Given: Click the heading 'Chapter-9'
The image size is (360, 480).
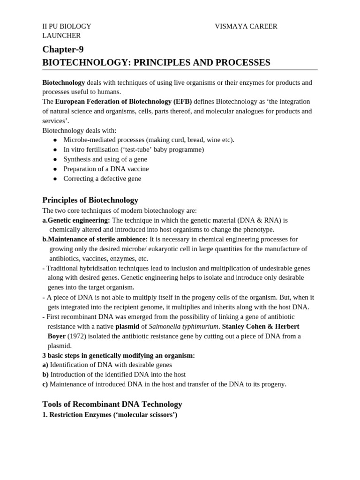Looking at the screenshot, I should tap(63, 49).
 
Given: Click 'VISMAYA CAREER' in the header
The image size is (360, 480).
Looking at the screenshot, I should tap(246, 26).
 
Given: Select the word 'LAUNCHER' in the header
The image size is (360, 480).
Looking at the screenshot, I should tap(61, 36).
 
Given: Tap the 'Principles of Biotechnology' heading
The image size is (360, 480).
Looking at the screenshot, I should tap(90, 200).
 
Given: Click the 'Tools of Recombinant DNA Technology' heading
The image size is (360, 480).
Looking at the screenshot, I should tap(112, 404).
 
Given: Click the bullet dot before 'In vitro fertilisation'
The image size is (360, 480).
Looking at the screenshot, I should tap(55, 150).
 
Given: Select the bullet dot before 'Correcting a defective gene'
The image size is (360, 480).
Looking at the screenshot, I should tap(55, 179).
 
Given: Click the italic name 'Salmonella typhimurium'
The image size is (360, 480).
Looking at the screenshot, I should tap(183, 326).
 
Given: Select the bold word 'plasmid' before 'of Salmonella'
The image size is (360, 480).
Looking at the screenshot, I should tap(127, 326).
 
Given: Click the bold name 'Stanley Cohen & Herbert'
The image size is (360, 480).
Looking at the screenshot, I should tap(260, 326).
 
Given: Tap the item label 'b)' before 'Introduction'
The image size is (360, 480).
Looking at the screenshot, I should tap(45, 375).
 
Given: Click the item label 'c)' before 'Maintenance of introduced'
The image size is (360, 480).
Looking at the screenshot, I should tap(45, 384).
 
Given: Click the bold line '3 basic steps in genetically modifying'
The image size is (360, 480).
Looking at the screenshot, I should tap(119, 355).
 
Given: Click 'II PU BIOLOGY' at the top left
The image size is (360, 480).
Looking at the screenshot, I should tap(67, 26).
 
